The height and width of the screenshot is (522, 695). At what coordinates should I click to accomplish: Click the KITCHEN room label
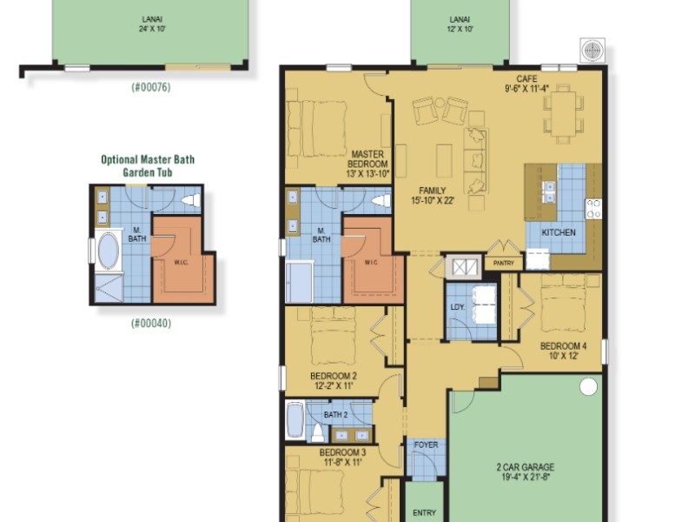point(559,232)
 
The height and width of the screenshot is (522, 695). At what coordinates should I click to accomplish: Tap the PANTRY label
point(504,263)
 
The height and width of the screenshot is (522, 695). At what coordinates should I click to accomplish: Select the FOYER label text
point(426,445)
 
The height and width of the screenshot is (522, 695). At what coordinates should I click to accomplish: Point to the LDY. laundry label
point(458,307)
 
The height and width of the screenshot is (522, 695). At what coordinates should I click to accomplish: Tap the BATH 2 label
point(335,415)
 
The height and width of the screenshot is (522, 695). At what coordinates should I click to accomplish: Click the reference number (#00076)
point(150,87)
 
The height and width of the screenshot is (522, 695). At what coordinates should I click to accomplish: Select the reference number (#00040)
point(150,323)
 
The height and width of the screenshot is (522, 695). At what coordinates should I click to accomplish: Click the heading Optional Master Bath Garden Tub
point(148,165)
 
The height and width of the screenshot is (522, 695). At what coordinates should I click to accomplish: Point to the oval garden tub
point(108,251)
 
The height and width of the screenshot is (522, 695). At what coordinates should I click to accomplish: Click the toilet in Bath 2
point(316,432)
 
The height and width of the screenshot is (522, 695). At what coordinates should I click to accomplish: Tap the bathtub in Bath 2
point(295,420)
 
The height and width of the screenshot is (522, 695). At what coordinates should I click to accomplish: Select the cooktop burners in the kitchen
point(594,209)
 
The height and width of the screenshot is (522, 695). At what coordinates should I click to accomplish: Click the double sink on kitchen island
point(549,191)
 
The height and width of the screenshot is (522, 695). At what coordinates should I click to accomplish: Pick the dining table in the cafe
point(563,113)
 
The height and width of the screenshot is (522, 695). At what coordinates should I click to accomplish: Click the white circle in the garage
point(588,386)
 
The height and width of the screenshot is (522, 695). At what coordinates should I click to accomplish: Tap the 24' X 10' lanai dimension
point(152,29)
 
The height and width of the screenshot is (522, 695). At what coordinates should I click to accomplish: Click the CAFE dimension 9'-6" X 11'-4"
point(527,89)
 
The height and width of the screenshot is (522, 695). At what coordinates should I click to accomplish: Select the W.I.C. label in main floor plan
point(371,263)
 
